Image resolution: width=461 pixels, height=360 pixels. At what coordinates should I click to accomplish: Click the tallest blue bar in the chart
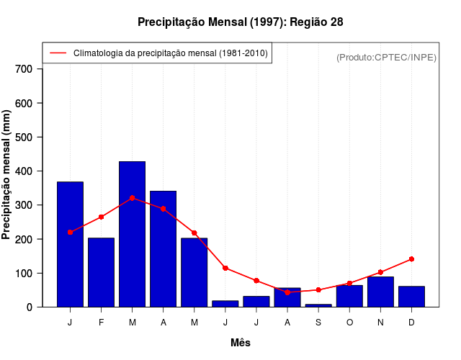tap(132, 234)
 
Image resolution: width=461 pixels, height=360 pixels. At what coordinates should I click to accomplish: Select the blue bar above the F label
tap(101, 272)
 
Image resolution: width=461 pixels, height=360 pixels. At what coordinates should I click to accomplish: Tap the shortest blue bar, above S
tap(318, 305)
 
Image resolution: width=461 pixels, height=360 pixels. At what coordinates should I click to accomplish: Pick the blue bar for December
tap(411, 297)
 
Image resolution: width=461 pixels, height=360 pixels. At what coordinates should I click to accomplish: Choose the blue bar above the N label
tap(380, 292)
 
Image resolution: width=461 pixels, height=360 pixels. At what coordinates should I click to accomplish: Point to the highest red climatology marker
tap(132, 198)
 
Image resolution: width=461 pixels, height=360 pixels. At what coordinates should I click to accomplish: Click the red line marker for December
tap(411, 258)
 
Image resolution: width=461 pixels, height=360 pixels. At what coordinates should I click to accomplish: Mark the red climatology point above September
tap(318, 290)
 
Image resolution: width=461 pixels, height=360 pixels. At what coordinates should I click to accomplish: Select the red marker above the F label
tap(101, 217)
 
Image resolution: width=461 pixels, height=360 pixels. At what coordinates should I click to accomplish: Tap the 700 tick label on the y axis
tap(24, 69)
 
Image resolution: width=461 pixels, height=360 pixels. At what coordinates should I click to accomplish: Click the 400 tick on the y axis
tap(24, 171)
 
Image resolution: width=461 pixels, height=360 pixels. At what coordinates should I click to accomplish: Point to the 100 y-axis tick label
tap(24, 274)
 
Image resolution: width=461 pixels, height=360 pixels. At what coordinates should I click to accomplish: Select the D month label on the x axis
tap(411, 323)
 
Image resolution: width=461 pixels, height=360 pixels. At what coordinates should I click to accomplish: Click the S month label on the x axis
tap(318, 323)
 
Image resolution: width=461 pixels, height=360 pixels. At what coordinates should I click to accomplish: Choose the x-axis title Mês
tap(241, 343)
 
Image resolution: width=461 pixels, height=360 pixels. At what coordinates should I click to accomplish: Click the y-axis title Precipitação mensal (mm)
tap(7, 174)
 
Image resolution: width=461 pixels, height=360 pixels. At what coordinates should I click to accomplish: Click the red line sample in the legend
tap(58, 53)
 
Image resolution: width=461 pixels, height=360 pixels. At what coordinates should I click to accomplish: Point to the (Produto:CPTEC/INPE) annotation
tap(386, 57)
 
